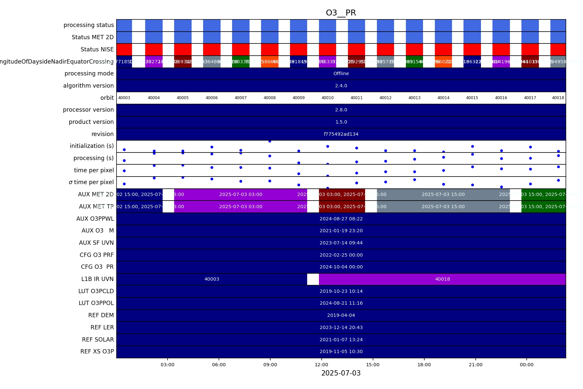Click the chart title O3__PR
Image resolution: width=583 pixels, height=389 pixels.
click(x=341, y=13)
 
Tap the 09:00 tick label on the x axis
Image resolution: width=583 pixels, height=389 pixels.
click(x=270, y=365)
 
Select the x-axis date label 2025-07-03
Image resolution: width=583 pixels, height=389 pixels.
click(x=341, y=373)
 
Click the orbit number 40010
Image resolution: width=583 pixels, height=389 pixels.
click(x=328, y=98)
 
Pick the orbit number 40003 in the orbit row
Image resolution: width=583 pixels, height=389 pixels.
click(x=124, y=98)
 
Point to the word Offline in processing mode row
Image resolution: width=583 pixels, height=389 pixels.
click(x=341, y=74)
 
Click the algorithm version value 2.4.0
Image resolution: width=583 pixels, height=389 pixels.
click(x=341, y=86)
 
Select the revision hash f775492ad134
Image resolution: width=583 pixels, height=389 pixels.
click(x=341, y=134)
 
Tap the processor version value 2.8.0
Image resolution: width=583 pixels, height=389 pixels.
click(x=341, y=110)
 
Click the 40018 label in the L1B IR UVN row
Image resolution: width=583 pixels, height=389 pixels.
click(x=442, y=279)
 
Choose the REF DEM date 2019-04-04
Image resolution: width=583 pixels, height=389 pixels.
click(x=341, y=316)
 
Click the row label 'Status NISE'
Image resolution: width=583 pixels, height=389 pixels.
click(x=97, y=49)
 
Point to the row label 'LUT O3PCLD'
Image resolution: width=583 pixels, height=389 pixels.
click(x=96, y=291)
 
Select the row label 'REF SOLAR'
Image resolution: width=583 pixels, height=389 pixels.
click(x=98, y=340)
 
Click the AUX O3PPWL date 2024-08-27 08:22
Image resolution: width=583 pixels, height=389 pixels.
click(x=341, y=219)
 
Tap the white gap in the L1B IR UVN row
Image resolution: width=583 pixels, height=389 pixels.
click(x=313, y=279)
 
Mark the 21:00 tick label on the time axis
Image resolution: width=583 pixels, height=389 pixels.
click(x=475, y=365)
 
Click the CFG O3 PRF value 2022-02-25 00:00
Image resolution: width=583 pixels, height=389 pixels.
click(x=341, y=255)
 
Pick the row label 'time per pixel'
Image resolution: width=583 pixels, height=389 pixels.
click(x=94, y=170)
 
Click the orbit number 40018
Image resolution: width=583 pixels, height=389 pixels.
click(x=558, y=98)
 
